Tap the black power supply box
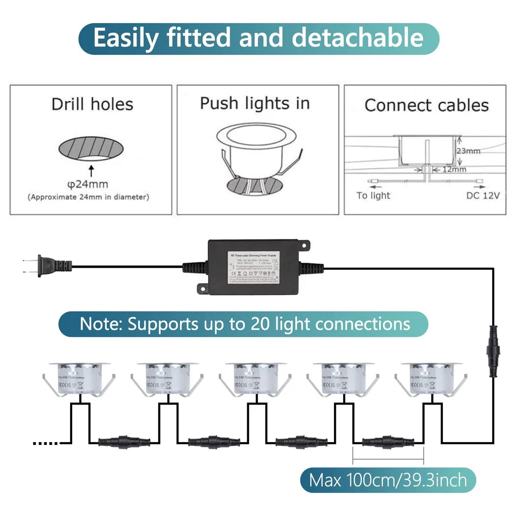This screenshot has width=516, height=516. click(x=253, y=267)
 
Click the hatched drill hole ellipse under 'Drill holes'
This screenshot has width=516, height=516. click(x=91, y=150)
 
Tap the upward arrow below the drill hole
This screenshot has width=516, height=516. click(x=91, y=170)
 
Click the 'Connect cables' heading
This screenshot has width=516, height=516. click(x=426, y=105)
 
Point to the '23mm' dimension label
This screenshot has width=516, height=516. click(x=469, y=151)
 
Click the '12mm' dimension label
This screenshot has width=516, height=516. click(x=454, y=169)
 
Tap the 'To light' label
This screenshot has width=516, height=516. click(x=373, y=196)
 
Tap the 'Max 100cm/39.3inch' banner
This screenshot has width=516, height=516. click(x=388, y=480)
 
